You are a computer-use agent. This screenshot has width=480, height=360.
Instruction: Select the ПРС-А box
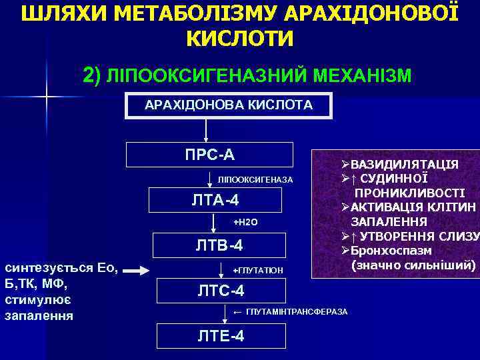pos(210,155)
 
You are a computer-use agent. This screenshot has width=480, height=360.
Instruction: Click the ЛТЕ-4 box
pos(221,335)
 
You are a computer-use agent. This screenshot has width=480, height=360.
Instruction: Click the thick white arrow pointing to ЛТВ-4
pos(141,271)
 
